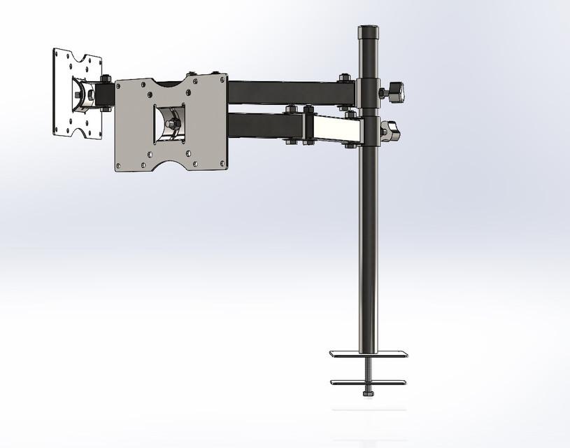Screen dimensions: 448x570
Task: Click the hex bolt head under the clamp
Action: click(x=368, y=393)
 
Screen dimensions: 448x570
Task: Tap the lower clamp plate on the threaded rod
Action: click(x=368, y=381)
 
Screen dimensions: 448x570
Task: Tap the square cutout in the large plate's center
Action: click(x=170, y=125)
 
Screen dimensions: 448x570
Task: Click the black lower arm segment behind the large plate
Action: click(x=262, y=127)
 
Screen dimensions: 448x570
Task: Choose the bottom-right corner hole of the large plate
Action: click(x=222, y=164)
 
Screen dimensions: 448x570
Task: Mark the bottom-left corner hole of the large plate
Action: click(x=120, y=166)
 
